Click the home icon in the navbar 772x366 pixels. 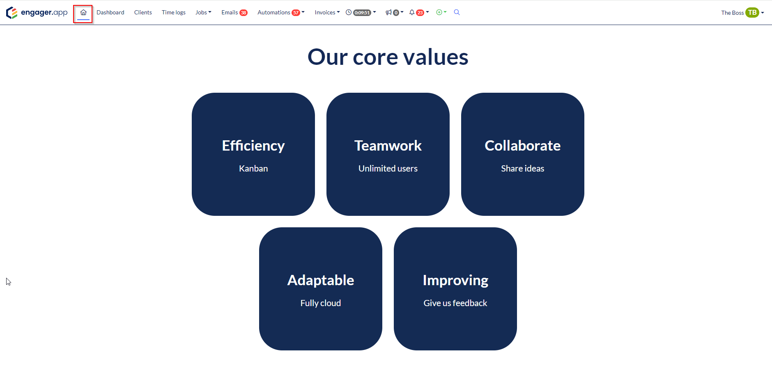83,12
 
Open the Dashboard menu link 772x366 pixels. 110,12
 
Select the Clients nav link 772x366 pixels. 143,12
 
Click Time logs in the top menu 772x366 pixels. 174,12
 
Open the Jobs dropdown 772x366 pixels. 203,12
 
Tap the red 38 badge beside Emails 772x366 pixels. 244,13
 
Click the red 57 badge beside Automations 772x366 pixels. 296,13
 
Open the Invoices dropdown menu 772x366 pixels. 327,12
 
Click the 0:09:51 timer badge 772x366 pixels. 362,13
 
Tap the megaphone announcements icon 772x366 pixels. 388,12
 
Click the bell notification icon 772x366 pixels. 412,12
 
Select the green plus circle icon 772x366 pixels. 439,12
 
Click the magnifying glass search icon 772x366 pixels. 457,12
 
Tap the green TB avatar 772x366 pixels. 752,13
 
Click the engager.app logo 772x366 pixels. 37,13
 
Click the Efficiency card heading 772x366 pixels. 253,146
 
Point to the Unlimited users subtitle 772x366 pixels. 388,169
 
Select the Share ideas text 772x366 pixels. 523,169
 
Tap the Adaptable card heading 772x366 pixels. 321,280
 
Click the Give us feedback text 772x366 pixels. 455,303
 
